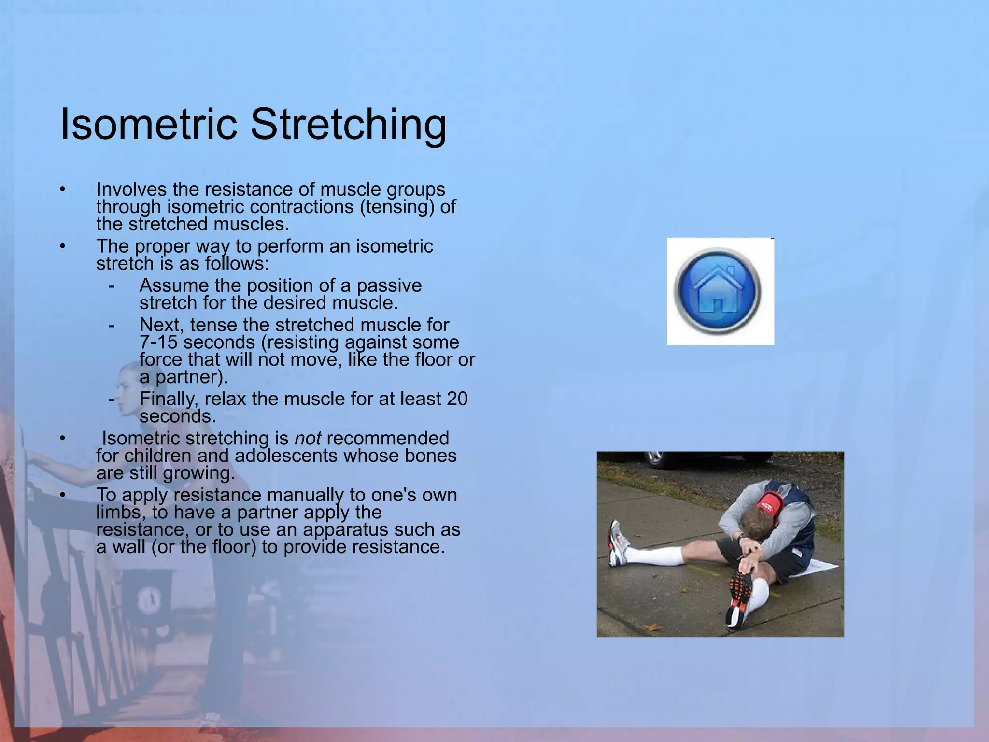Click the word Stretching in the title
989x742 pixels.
click(x=348, y=124)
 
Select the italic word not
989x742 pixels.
click(x=308, y=438)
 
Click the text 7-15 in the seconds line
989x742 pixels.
click(x=158, y=342)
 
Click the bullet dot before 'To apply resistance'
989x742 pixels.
click(x=62, y=495)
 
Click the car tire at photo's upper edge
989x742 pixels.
click(x=655, y=458)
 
